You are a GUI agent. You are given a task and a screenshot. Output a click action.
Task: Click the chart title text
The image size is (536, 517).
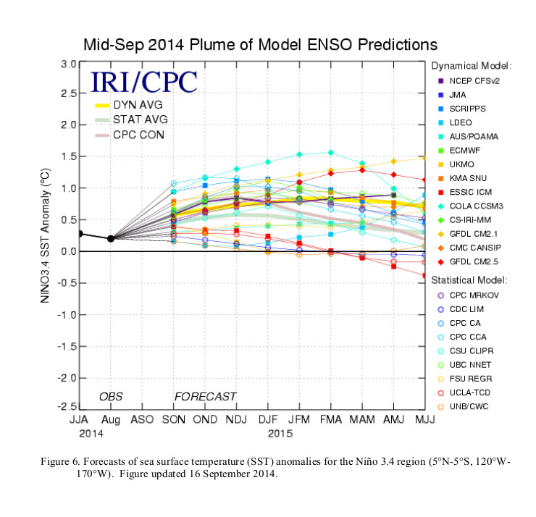260,44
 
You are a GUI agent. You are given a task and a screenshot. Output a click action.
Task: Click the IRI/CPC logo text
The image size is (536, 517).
143,80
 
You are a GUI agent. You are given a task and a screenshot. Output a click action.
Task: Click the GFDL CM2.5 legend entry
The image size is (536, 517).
469,261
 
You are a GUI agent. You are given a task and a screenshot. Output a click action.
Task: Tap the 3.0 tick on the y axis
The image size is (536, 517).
68,64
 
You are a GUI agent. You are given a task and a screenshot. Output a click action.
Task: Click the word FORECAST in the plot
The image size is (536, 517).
205,396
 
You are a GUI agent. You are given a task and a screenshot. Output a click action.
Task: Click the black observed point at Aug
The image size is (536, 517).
110,238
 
